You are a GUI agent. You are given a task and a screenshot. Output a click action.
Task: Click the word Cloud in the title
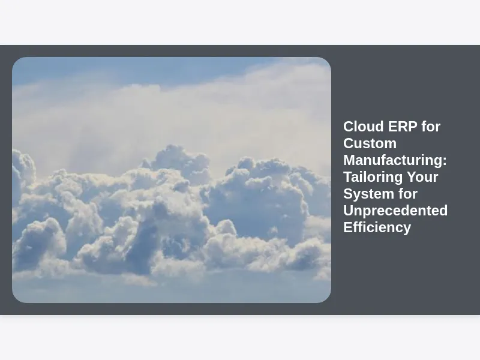click(x=364, y=127)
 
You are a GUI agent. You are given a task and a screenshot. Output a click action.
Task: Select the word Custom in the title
click(x=370, y=143)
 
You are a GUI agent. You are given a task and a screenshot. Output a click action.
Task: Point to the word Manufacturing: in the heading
click(x=395, y=160)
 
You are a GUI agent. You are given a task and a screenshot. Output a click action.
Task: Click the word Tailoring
click(x=373, y=178)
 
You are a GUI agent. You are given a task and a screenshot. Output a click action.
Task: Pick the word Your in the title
click(x=422, y=177)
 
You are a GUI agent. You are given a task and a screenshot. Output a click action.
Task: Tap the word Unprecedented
click(x=395, y=211)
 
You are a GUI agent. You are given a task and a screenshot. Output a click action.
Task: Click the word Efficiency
click(x=377, y=228)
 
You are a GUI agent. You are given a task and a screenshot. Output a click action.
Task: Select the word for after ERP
click(x=431, y=127)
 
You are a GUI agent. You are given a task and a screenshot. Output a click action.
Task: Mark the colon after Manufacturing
click(x=445, y=161)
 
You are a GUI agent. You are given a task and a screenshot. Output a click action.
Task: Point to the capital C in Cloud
click(x=349, y=127)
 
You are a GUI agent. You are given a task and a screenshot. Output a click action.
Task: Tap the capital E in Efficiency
click(x=347, y=227)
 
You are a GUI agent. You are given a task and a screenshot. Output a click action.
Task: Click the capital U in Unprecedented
click(x=349, y=211)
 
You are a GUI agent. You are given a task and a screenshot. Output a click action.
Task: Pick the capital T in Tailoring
click(x=348, y=177)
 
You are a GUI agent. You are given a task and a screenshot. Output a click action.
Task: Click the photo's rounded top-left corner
click(x=16, y=61)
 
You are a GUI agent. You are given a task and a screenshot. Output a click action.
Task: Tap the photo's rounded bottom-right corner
click(x=328, y=299)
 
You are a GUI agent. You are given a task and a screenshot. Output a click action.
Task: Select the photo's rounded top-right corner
click(x=328, y=61)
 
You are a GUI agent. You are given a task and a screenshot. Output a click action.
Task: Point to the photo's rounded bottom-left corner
click(x=16, y=299)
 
